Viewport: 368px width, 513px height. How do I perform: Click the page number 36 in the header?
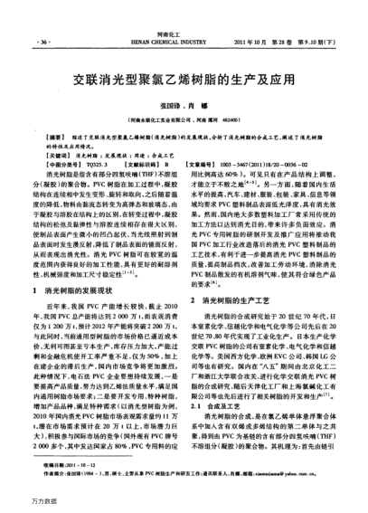click(x=43, y=43)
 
